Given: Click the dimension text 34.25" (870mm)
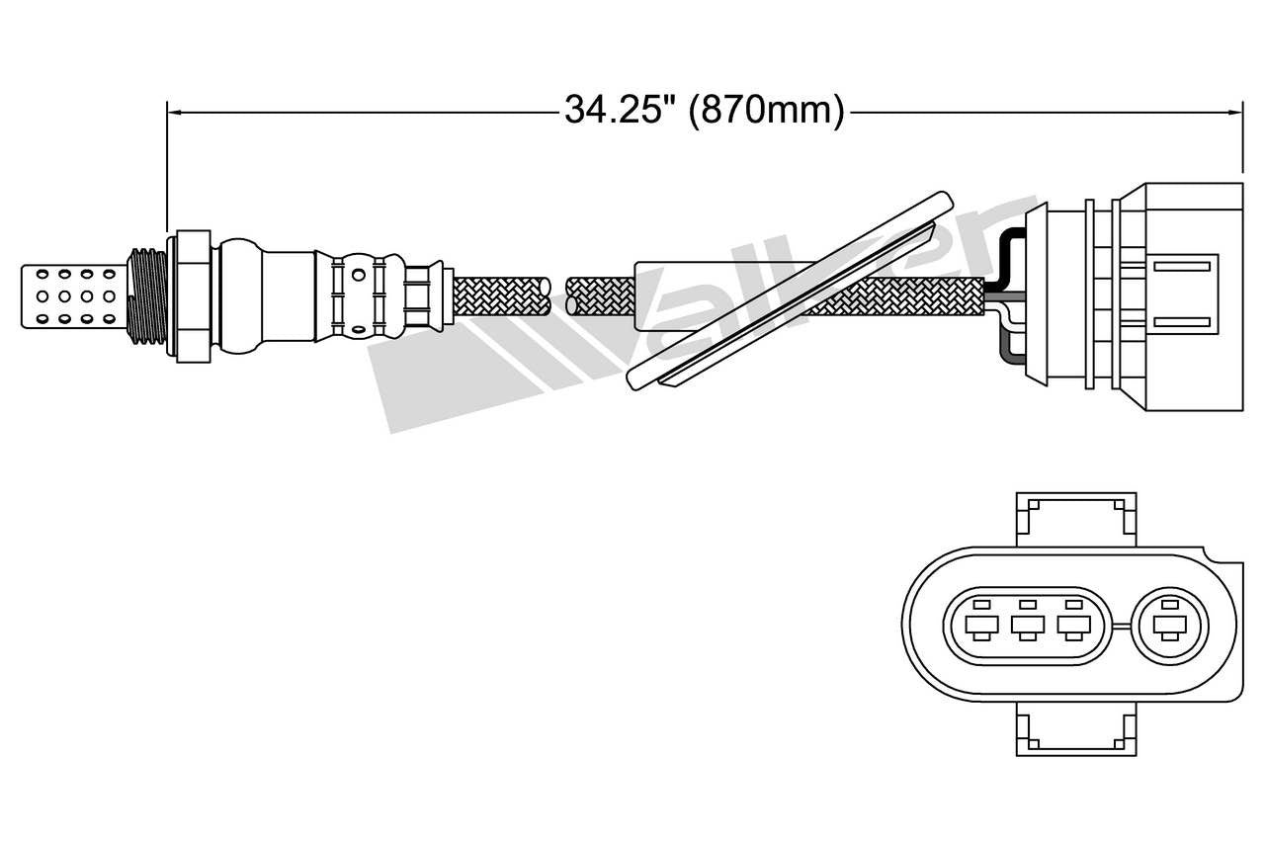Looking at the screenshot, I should [x=704, y=111].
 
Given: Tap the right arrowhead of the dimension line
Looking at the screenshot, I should [x=1234, y=113].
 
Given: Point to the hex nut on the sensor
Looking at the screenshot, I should [x=193, y=295].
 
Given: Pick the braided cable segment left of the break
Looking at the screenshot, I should [x=500, y=295].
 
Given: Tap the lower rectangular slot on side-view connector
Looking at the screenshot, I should [x=1182, y=321].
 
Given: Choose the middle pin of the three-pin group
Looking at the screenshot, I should [x=1028, y=625].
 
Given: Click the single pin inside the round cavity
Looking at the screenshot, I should [x=1172, y=625].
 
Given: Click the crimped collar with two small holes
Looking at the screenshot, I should [x=361, y=295].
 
